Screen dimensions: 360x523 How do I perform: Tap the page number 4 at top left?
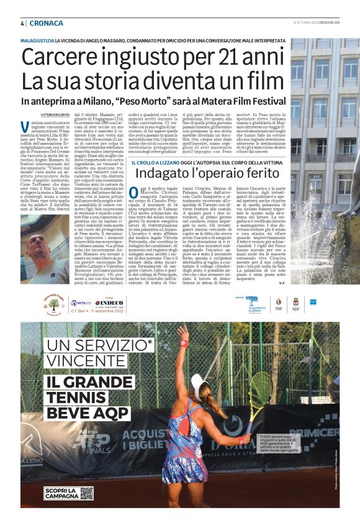[22, 23]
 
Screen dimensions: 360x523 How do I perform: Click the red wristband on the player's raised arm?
[183, 343]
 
